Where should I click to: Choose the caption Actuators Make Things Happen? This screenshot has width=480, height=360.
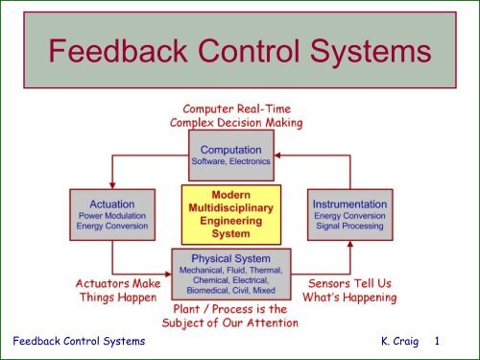118,291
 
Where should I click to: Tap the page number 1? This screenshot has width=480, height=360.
438,341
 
